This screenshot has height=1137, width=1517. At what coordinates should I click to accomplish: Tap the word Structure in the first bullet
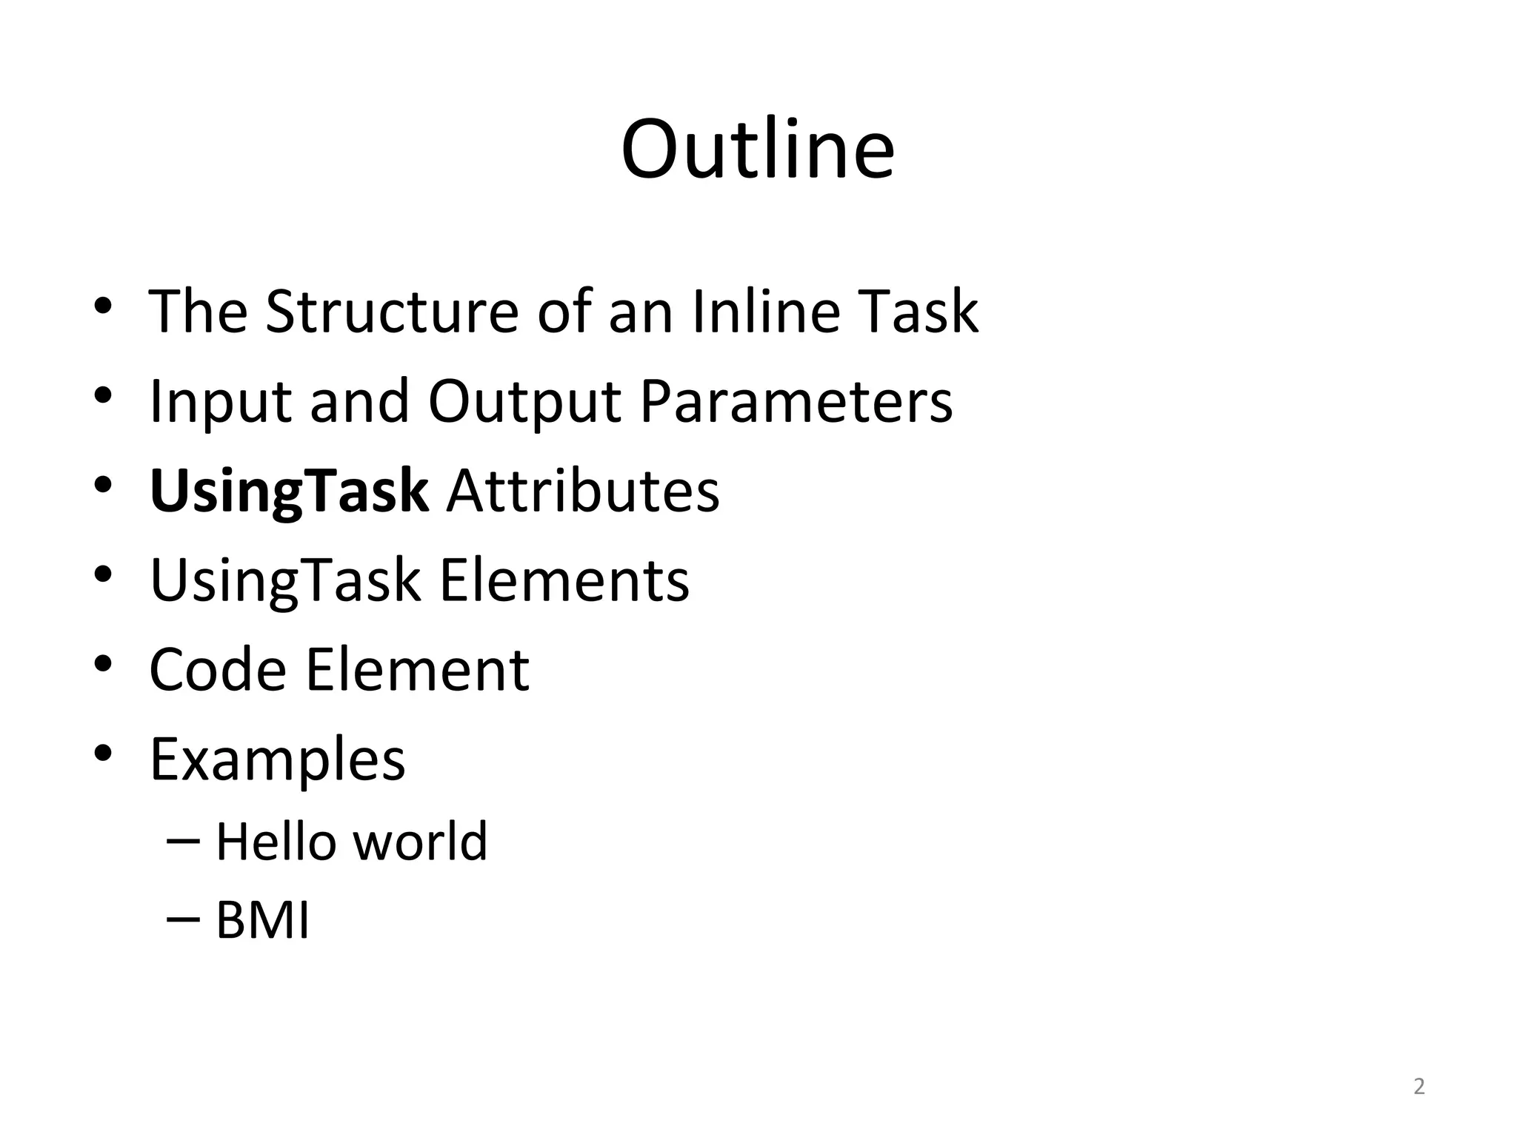pos(392,312)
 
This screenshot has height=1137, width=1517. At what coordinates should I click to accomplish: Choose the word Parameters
pos(796,402)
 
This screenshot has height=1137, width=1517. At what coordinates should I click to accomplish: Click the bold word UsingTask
pos(289,492)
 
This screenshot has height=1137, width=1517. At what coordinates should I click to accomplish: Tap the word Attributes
pos(582,492)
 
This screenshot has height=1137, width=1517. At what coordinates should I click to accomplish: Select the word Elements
pos(564,581)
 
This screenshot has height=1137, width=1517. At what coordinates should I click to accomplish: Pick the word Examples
pos(278,760)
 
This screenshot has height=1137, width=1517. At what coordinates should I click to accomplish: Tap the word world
pos(419,842)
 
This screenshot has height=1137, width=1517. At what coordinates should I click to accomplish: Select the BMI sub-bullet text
pos(262,922)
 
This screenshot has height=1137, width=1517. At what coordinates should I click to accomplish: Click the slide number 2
pos(1418,1087)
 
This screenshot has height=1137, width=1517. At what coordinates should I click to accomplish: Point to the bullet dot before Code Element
pos(103,664)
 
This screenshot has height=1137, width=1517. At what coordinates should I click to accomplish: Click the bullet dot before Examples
pos(103,754)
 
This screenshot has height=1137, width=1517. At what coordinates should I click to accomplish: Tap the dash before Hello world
pos(184,842)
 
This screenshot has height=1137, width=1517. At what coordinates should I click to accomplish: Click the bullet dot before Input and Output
pos(103,395)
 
